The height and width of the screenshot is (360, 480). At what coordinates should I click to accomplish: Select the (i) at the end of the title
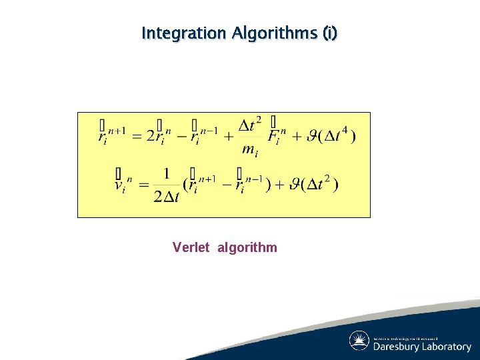[329, 33]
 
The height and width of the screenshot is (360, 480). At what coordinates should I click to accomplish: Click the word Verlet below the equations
[191, 248]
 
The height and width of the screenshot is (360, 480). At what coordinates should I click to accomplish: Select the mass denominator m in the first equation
[249, 150]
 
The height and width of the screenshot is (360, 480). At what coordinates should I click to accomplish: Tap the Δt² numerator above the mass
[250, 124]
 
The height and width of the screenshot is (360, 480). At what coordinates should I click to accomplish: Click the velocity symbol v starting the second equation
[121, 184]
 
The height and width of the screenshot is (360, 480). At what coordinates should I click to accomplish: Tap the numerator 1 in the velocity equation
[166, 173]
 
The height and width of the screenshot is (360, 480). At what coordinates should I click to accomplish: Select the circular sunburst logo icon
[359, 341]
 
